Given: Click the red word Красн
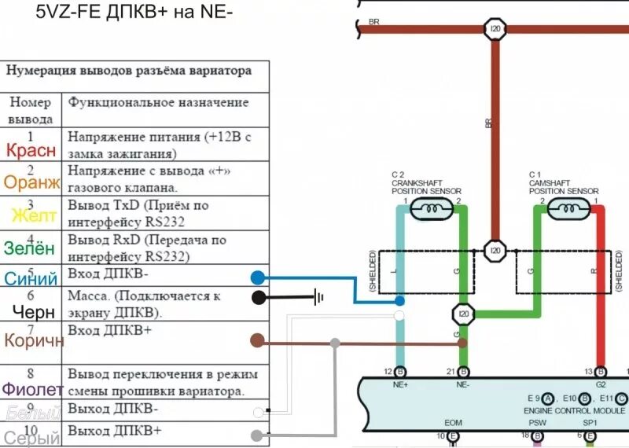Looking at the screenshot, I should [31, 150].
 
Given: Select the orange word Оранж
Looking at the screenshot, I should [31, 183].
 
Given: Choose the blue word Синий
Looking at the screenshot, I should [31, 278].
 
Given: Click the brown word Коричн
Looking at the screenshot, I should [33, 340].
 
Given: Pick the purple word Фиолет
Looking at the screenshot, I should [31, 389].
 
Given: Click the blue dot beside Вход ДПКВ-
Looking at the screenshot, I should [257, 277].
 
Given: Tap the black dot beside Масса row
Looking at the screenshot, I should [257, 297].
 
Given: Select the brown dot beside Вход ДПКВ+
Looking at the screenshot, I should [256, 340].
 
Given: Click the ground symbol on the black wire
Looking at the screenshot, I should [318, 297].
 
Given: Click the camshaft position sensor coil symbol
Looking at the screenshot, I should [565, 209].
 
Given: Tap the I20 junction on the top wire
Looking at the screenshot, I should [495, 30].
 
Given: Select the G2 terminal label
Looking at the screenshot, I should [601, 385].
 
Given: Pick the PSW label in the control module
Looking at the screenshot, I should [537, 422].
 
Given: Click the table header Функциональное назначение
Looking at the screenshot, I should [158, 102].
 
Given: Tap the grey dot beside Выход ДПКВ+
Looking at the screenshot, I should [257, 435].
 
